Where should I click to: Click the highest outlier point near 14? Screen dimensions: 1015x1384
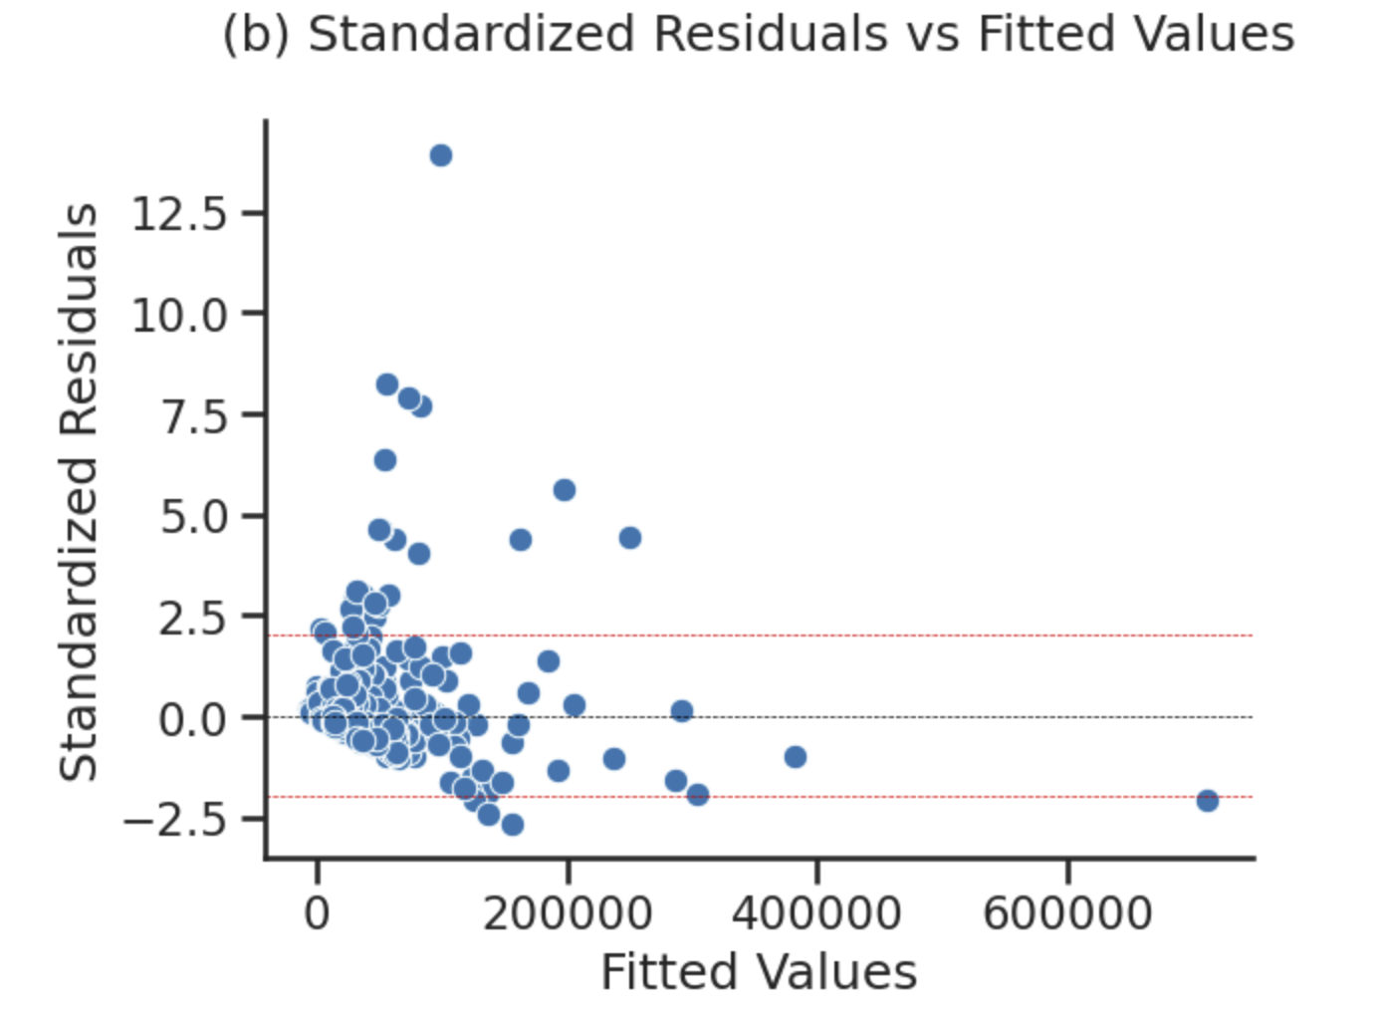click(x=441, y=155)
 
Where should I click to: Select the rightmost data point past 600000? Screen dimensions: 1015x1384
click(x=1208, y=801)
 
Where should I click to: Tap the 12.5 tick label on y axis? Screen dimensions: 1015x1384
click(x=180, y=213)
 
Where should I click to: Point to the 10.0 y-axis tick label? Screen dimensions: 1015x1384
click(x=180, y=315)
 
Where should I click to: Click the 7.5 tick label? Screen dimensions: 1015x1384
click(x=195, y=416)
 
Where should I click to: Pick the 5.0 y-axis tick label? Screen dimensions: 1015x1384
click(x=195, y=517)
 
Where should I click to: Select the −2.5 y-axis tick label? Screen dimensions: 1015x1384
click(x=180, y=820)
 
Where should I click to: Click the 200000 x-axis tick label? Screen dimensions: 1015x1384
click(x=568, y=913)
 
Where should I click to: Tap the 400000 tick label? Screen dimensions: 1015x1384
click(x=817, y=913)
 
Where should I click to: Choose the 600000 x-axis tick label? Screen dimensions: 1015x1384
click(x=1067, y=913)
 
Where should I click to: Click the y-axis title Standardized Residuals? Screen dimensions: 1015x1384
click(x=80, y=492)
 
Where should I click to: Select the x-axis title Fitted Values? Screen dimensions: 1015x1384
click(x=759, y=972)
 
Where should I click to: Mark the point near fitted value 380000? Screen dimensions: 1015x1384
click(x=795, y=757)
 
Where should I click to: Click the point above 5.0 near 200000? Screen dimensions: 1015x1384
click(x=565, y=490)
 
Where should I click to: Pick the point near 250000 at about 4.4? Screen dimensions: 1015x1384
click(x=630, y=538)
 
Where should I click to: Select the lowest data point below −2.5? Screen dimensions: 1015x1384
click(x=513, y=825)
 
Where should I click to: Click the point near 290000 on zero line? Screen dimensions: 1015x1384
click(x=682, y=711)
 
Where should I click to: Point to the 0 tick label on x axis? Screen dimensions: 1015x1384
click(x=318, y=913)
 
